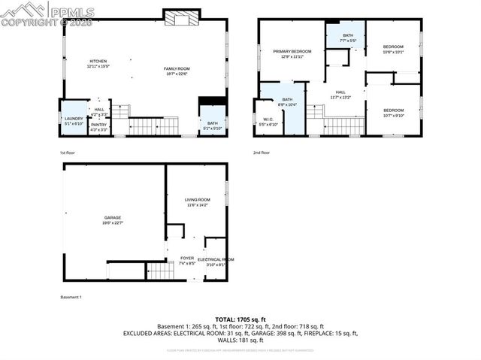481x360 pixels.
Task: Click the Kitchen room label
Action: click(x=98, y=61)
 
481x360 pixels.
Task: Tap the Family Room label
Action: click(x=177, y=69)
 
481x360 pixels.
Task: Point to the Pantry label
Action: click(x=98, y=125)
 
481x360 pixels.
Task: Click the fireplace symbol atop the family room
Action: click(x=182, y=19)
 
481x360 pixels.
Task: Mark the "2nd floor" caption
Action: click(x=262, y=153)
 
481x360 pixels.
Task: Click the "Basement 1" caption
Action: click(x=71, y=297)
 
